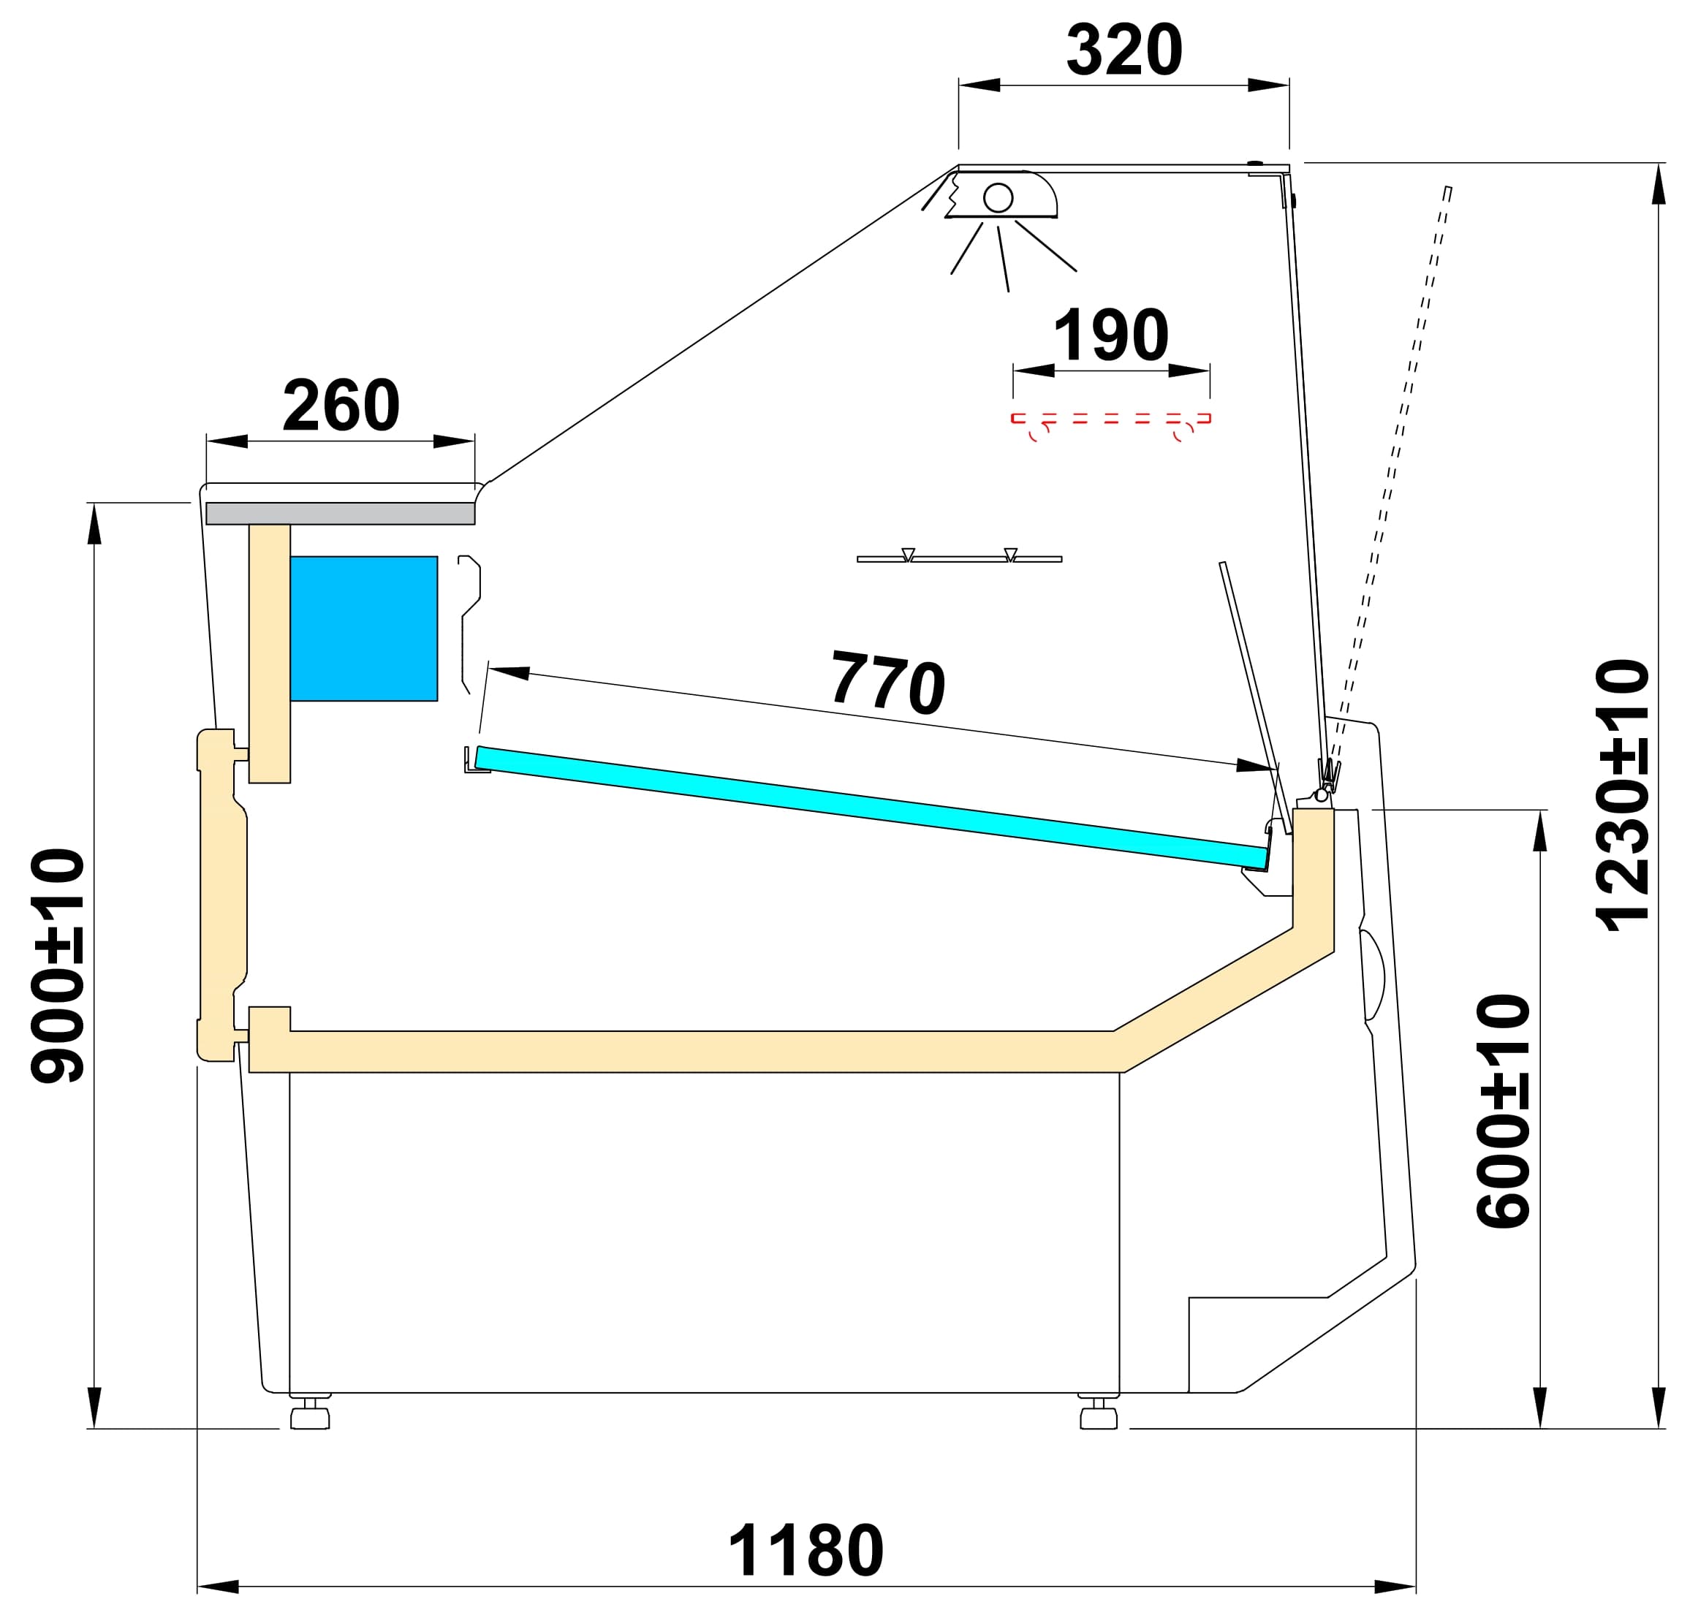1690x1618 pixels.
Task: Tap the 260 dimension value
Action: point(341,405)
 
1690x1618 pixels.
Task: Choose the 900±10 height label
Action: point(58,966)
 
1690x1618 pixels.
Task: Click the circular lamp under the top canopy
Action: point(998,197)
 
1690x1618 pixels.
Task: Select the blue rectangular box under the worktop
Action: point(363,628)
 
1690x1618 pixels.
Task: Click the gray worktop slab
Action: point(340,513)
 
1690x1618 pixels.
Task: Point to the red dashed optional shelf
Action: point(1110,419)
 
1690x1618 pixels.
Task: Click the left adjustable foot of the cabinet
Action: point(311,1416)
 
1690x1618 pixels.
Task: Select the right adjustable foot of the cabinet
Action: point(1099,1416)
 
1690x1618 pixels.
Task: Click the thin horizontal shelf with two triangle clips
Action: point(959,558)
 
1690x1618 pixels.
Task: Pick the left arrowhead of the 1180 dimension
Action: point(218,1586)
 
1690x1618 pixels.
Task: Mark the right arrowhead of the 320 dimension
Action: point(1268,85)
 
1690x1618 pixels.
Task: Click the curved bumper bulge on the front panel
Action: point(1373,974)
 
